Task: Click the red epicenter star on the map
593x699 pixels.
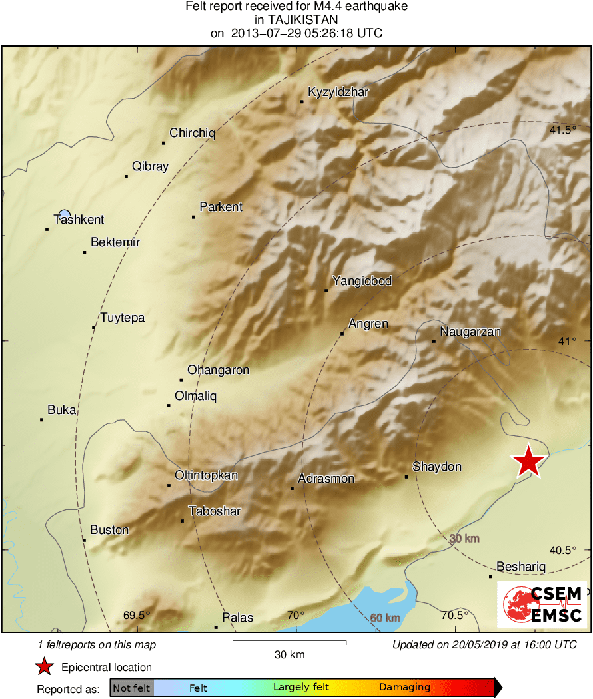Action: coord(528,461)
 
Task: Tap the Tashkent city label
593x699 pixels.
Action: coord(79,220)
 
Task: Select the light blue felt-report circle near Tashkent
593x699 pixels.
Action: coord(64,214)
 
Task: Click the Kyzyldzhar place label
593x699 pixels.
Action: coord(338,92)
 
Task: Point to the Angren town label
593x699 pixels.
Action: coord(368,324)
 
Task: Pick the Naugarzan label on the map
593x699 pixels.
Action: coord(470,332)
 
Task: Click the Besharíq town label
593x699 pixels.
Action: coord(521,567)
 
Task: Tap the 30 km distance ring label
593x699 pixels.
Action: coord(464,538)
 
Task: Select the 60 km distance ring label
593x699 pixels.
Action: coord(385,618)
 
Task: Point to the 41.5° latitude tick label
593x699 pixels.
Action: coord(563,130)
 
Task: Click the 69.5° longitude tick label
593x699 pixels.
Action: coord(137,615)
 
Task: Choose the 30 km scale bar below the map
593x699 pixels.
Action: coord(289,642)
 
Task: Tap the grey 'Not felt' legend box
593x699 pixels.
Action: coord(131,688)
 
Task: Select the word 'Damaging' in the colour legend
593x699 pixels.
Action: coord(405,688)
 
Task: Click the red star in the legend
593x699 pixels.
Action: coord(44,666)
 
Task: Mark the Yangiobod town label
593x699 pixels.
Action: coord(362,281)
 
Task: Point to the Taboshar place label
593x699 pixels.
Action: coord(215,511)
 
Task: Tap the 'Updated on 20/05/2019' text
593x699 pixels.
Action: coord(484,644)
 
